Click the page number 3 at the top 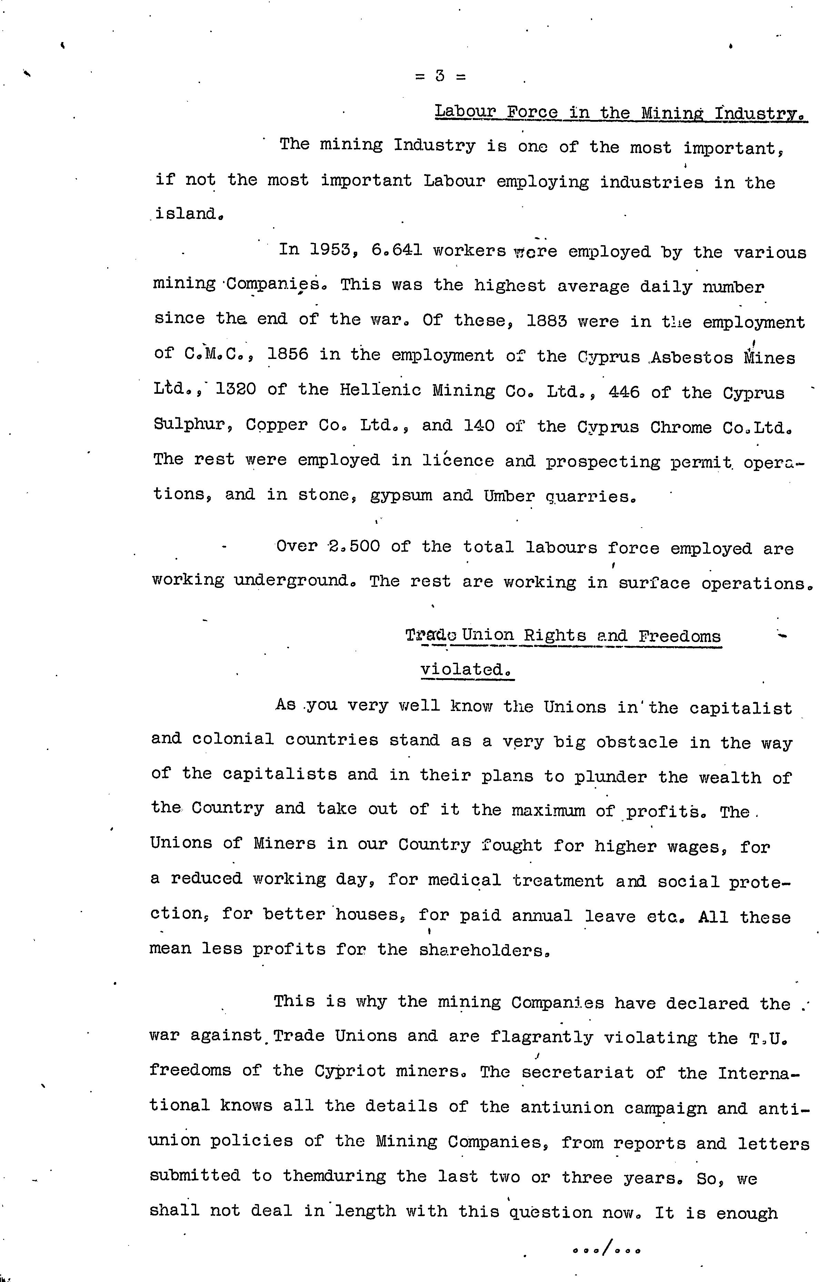(x=440, y=76)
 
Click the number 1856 (x=287, y=354)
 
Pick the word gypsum (x=401, y=495)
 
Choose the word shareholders (x=484, y=950)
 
